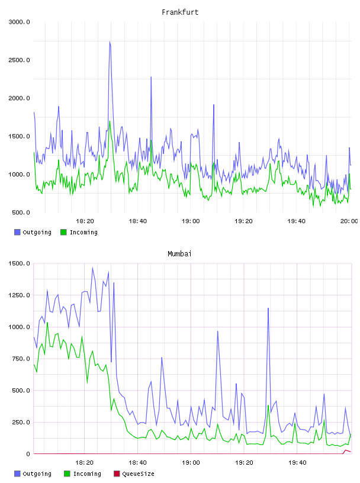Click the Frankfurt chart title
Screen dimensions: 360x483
coord(180,12)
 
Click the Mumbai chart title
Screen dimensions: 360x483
coord(179,254)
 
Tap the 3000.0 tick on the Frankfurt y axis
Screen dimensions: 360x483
coord(19,22)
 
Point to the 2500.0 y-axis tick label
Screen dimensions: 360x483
coord(19,60)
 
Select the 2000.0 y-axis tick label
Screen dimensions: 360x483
coord(19,98)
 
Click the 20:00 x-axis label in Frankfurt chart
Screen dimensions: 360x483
coord(349,221)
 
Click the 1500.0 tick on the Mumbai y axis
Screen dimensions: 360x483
coord(19,263)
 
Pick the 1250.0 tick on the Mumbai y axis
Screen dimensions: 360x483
coord(19,295)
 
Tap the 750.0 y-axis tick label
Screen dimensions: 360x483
coord(21,359)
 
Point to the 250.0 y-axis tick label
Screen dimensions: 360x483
coord(21,422)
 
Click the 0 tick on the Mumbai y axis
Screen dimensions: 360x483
coord(28,454)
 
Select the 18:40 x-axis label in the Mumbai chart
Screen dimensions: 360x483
coord(137,463)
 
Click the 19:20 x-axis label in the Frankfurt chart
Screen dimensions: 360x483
coord(243,221)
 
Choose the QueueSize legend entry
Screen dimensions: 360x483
coord(134,474)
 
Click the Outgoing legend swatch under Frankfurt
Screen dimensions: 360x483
coord(17,232)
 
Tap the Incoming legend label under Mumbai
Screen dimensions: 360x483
coord(87,474)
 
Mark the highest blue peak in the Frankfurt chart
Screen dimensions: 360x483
coord(110,42)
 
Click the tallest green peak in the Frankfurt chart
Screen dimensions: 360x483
coord(110,121)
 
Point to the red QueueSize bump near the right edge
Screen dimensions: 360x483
coord(346,450)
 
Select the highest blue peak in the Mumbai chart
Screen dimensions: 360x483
coord(92,268)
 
